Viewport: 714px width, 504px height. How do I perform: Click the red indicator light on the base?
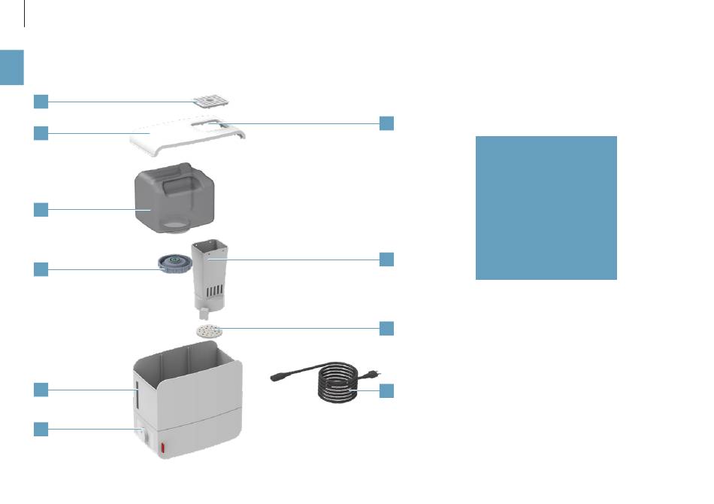pos(160,448)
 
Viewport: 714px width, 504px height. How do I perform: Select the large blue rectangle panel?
pos(546,208)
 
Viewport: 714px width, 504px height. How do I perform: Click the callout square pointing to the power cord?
pos(386,390)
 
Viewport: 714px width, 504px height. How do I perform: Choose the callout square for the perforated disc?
pos(386,328)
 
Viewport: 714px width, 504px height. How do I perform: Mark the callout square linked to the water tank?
pos(41,210)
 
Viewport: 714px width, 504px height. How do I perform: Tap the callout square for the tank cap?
pos(41,269)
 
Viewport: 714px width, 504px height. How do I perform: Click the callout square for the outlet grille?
pos(41,101)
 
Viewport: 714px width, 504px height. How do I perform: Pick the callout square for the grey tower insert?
pos(386,260)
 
